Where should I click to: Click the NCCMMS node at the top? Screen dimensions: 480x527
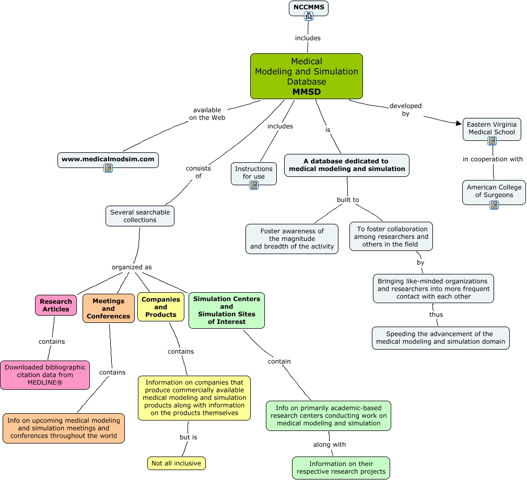coord(308,8)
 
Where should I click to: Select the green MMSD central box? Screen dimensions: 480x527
coord(306,76)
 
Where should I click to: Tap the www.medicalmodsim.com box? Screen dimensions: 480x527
coord(108,159)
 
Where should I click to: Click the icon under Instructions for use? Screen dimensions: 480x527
coord(254,185)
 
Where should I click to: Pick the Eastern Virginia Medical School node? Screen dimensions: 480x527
coord(491,128)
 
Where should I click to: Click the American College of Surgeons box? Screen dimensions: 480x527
coord(494,191)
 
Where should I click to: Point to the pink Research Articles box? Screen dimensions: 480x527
coord(56,305)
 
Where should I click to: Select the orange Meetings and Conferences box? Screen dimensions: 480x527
coord(109,308)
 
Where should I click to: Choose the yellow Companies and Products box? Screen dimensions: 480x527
coord(161,307)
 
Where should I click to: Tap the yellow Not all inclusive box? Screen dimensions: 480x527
coord(177,463)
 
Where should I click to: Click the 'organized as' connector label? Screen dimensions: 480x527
coord(132,267)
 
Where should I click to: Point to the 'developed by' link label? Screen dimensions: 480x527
coord(405,110)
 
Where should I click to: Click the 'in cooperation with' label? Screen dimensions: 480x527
coord(493,159)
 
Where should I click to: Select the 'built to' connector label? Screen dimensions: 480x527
coord(348,200)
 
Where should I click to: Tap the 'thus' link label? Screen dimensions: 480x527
coord(436,315)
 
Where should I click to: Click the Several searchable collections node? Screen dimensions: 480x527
coord(140,216)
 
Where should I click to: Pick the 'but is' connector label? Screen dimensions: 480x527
coord(188,437)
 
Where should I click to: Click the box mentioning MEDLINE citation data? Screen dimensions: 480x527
coord(45,375)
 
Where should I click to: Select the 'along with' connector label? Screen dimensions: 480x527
coord(330,445)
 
